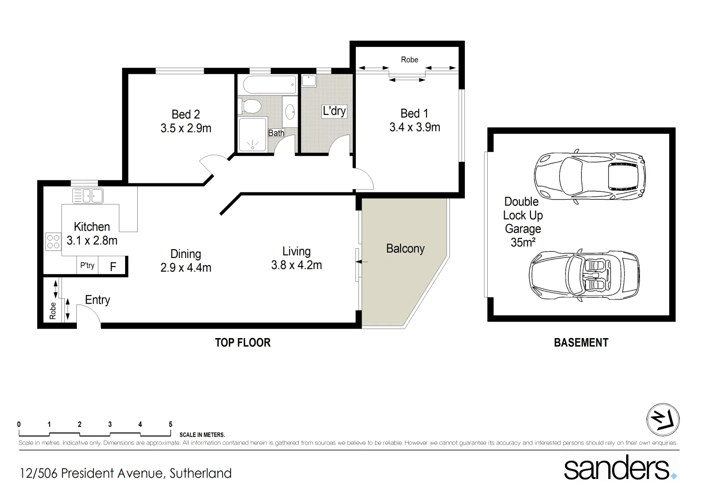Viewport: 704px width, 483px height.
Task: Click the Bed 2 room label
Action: point(185,114)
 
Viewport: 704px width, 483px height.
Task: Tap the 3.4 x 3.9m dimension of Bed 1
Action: point(414,127)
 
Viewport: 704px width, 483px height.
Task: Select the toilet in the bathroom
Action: point(251,106)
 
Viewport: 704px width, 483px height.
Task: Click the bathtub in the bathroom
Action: point(267,85)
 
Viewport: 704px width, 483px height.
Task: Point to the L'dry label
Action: point(334,111)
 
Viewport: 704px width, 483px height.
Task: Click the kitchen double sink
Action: point(88,196)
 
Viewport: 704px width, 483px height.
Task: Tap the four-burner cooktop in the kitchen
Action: point(53,241)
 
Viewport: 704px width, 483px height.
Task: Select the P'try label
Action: point(87,266)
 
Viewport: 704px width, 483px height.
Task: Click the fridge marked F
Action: point(113,267)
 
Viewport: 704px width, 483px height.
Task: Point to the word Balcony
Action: point(405,249)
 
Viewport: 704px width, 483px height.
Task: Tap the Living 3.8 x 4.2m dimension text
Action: point(296,265)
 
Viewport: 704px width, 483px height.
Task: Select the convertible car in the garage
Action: point(584,275)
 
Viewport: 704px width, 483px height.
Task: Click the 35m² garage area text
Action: point(523,242)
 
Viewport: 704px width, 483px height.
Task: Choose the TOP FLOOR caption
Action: point(243,343)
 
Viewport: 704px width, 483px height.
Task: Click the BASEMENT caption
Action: point(581,343)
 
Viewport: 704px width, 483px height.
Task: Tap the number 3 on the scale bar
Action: point(110,424)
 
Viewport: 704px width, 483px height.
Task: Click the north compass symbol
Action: point(663,420)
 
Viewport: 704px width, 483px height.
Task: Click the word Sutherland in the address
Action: point(200,473)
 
